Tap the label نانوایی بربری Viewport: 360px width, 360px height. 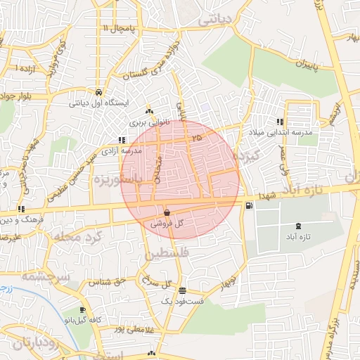pyautogui.click(x=149, y=121)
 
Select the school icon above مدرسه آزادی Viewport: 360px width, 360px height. pyautogui.click(x=122, y=140)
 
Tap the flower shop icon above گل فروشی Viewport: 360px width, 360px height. pyautogui.click(x=167, y=212)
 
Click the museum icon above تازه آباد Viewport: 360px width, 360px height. pyautogui.click(x=300, y=226)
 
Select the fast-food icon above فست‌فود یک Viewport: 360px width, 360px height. pyautogui.click(x=183, y=290)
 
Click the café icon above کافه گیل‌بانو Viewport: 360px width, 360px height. pyautogui.click(x=83, y=310)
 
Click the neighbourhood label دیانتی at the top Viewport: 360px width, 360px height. pyautogui.click(x=215, y=21)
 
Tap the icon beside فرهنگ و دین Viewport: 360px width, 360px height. pyautogui.click(x=21, y=209)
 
